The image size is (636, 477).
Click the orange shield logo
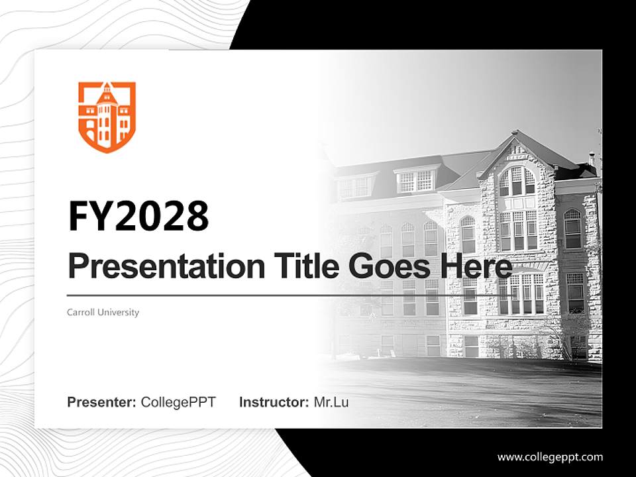tap(107, 117)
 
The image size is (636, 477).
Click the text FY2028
tap(138, 216)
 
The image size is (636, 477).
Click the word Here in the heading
tap(476, 267)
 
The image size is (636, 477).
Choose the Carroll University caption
tap(103, 312)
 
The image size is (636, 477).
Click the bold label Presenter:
tap(102, 402)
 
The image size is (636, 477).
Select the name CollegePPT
tap(178, 402)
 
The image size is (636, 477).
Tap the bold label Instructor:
tap(274, 402)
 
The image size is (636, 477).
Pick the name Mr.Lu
tap(331, 402)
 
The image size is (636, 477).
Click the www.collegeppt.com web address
tap(550, 456)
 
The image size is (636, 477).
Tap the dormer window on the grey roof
tap(415, 180)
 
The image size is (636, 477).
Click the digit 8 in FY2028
tap(195, 216)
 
